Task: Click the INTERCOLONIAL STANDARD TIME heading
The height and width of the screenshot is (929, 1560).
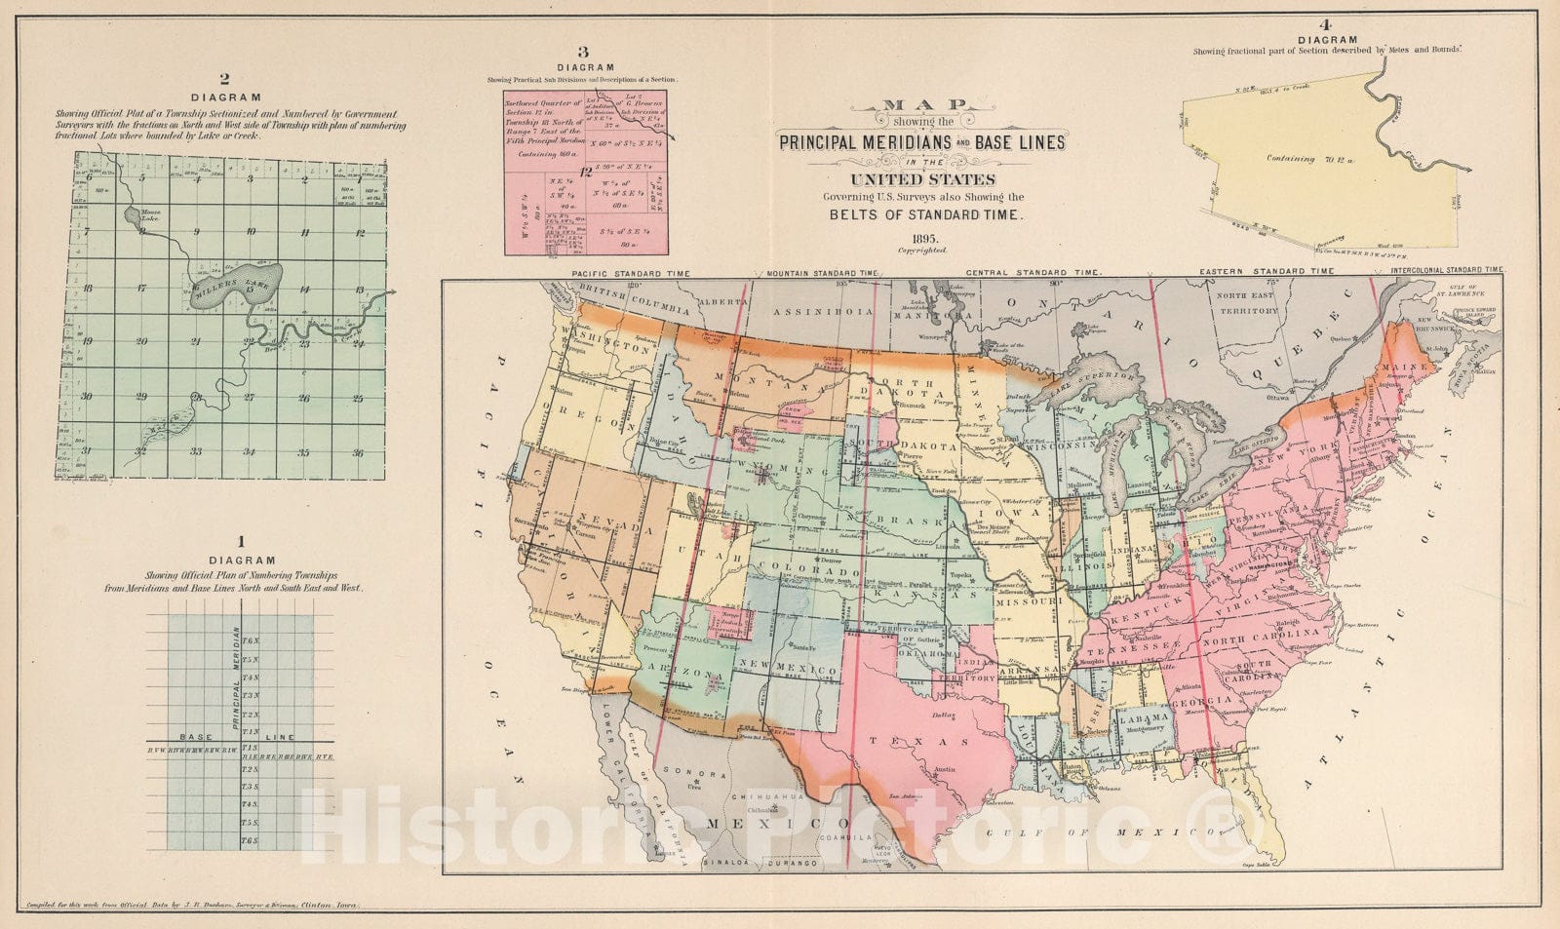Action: [x=1447, y=269]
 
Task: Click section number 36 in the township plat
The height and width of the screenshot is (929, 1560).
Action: [x=357, y=452]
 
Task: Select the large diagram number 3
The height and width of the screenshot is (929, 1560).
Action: [x=583, y=53]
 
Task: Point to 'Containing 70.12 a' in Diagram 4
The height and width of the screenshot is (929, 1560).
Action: [x=1305, y=158]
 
